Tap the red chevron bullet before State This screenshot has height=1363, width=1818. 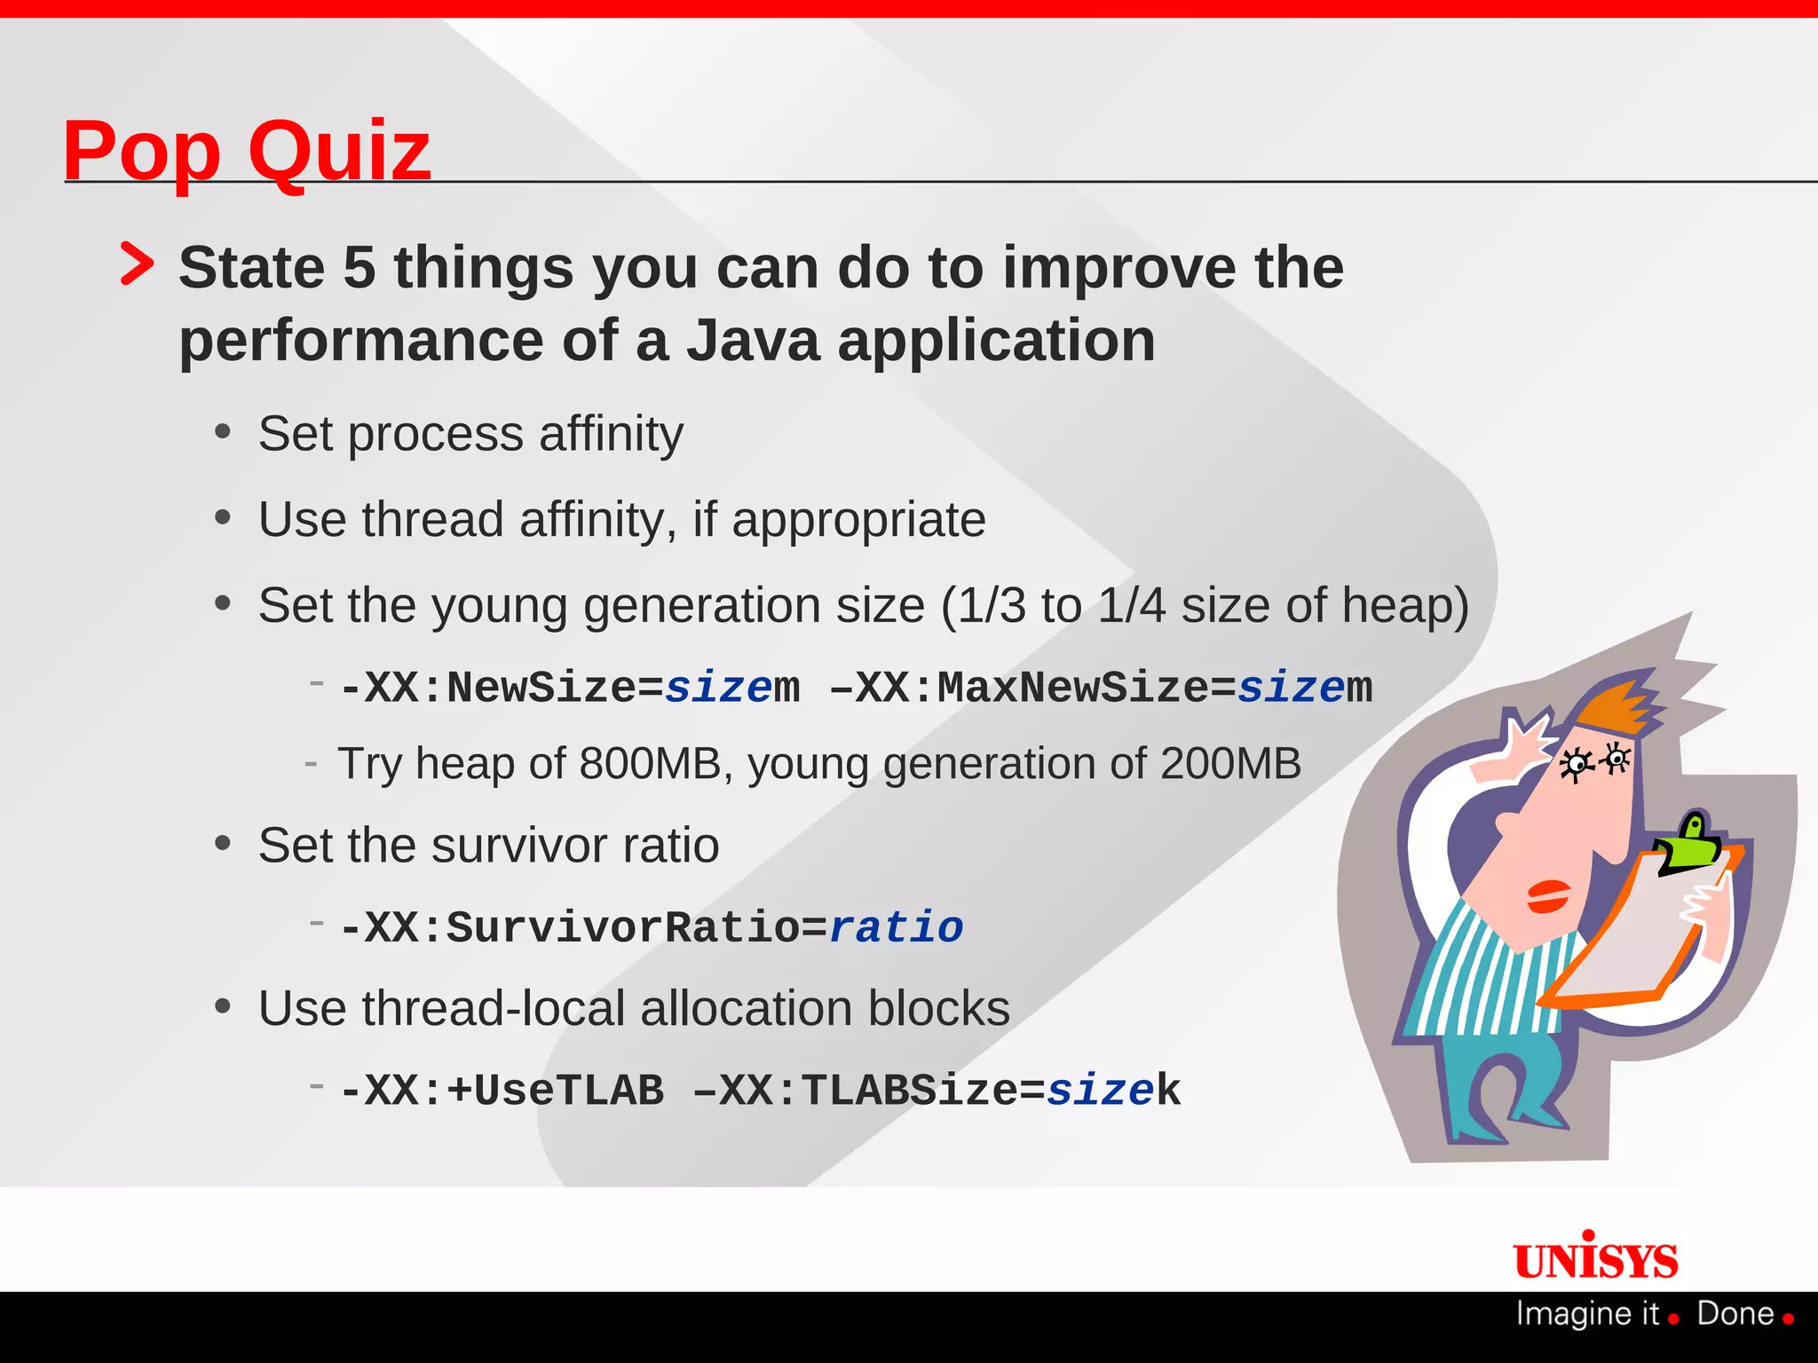coord(137,264)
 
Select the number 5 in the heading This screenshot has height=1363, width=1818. coord(360,268)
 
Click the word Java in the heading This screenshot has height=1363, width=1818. coord(753,341)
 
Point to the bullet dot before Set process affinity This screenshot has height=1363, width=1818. coord(223,432)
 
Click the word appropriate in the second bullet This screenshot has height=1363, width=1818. coord(858,520)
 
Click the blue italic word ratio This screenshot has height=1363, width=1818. coord(896,928)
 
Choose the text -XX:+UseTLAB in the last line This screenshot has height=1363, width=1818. coord(502,1091)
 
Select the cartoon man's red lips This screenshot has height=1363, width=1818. coord(1548,895)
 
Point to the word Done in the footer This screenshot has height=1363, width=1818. coord(1735,1314)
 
